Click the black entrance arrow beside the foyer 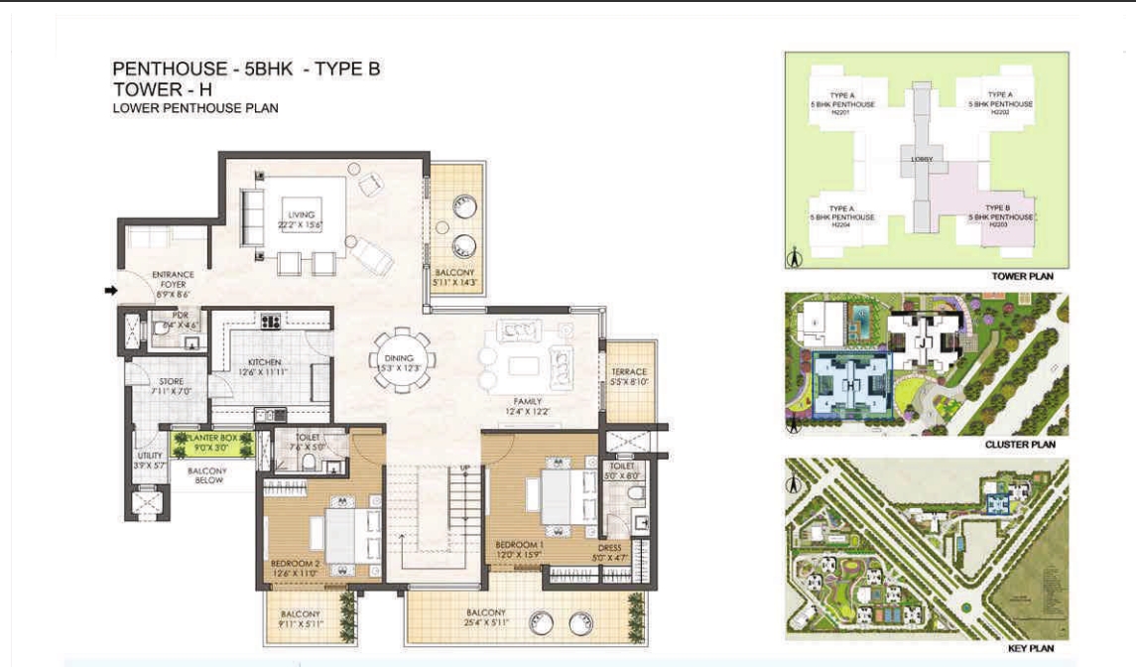112,291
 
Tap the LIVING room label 300,214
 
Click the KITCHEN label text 265,362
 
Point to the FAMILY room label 526,401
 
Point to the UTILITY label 149,455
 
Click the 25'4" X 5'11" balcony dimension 485,624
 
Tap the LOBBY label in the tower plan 921,159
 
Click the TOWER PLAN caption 1022,276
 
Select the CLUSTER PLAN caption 1019,445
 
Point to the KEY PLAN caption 1030,648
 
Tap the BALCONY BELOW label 208,475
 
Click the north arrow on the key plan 793,485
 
